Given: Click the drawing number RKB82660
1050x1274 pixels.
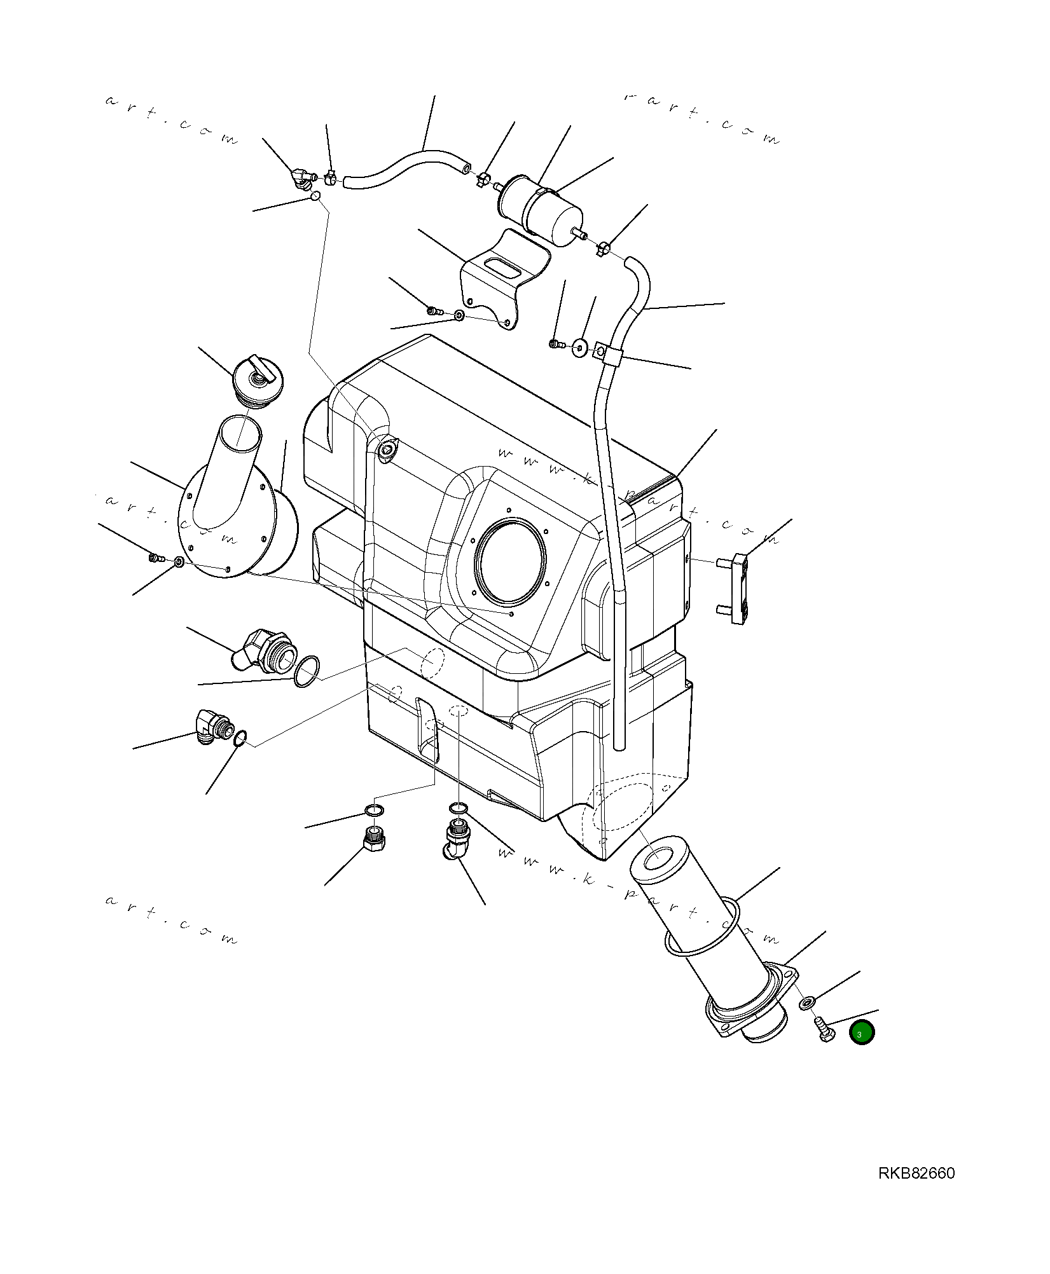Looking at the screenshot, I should [916, 1173].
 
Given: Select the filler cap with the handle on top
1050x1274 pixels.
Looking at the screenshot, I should [257, 380].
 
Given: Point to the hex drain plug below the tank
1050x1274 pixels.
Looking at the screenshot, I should [375, 842].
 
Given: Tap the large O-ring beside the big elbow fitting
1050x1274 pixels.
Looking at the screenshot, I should [307, 671].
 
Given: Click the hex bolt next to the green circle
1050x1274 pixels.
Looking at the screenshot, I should [823, 1029].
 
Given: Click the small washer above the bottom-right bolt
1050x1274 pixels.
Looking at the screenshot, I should [806, 1003].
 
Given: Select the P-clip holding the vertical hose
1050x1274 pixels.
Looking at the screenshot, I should [607, 353].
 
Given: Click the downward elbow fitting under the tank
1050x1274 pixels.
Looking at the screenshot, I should [455, 839].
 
